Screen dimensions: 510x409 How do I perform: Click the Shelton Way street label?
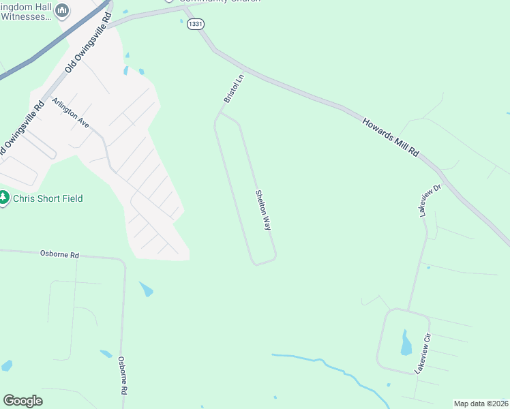[263, 209]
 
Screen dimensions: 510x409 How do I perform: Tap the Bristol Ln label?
[232, 89]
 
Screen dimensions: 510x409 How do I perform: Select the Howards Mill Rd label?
[391, 137]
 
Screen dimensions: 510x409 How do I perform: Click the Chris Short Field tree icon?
[4, 198]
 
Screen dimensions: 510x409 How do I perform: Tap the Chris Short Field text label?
[48, 198]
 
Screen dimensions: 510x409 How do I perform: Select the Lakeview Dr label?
[430, 200]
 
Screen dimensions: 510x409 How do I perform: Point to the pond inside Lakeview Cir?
[406, 344]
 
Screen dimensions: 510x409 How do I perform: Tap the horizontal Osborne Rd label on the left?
[59, 254]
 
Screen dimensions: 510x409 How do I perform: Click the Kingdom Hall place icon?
[62, 10]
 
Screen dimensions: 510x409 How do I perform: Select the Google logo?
[22, 401]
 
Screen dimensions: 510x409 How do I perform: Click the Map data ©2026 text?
[481, 404]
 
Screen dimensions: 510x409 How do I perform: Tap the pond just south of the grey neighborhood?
[146, 289]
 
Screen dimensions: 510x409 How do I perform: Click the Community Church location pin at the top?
[169, 1]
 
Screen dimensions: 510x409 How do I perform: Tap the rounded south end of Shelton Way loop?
[265, 261]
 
